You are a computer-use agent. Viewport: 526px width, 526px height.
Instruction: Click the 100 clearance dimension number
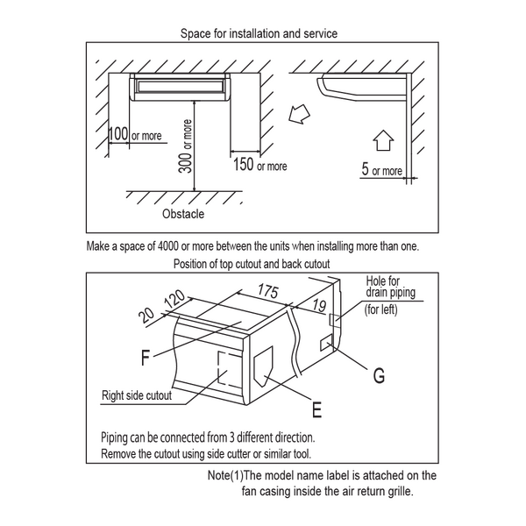click(118, 133)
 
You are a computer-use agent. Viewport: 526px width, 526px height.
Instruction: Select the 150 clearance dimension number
click(244, 165)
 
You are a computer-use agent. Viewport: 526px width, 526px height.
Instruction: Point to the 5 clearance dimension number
click(365, 168)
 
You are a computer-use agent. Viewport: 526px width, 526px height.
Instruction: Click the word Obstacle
click(183, 214)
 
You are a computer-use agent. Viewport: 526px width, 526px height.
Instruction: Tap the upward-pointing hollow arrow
click(383, 140)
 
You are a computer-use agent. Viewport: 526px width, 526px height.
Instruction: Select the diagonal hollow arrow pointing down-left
click(299, 114)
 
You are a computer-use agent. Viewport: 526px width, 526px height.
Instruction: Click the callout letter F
click(146, 358)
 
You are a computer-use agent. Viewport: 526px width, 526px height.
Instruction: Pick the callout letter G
click(379, 374)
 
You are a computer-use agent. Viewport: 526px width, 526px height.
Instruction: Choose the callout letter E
click(316, 409)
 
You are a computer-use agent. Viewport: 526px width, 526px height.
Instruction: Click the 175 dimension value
click(267, 290)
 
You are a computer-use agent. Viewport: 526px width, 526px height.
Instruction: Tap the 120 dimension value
click(175, 300)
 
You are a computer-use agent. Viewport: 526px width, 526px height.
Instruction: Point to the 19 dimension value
click(319, 305)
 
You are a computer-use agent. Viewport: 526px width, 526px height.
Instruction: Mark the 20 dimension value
click(146, 316)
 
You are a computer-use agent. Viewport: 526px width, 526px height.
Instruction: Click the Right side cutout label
click(137, 395)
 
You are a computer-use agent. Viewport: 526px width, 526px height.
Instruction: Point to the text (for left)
click(380, 309)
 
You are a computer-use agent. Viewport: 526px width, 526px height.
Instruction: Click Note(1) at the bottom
click(225, 475)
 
